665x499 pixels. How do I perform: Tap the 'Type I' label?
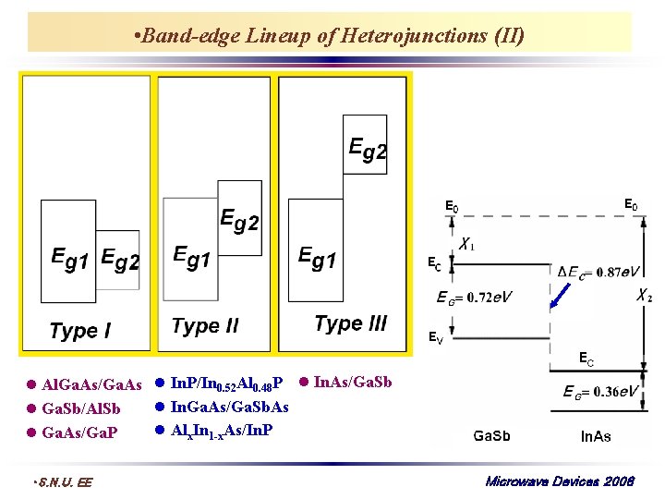pos(80,331)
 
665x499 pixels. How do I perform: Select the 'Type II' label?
pos(205,325)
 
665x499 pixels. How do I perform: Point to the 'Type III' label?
pos(350,323)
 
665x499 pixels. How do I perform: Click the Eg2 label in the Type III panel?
pos(368,148)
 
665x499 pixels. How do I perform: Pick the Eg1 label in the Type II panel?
pos(193,257)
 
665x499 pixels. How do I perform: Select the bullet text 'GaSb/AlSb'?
pos(81,408)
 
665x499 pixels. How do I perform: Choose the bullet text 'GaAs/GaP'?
pos(79,432)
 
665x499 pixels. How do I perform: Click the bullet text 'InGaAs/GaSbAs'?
pos(229,407)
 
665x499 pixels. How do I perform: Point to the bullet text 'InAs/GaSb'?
pos(352,383)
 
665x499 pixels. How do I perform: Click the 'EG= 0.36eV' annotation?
pos(600,392)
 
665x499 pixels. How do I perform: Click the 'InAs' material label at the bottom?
pos(595,436)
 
